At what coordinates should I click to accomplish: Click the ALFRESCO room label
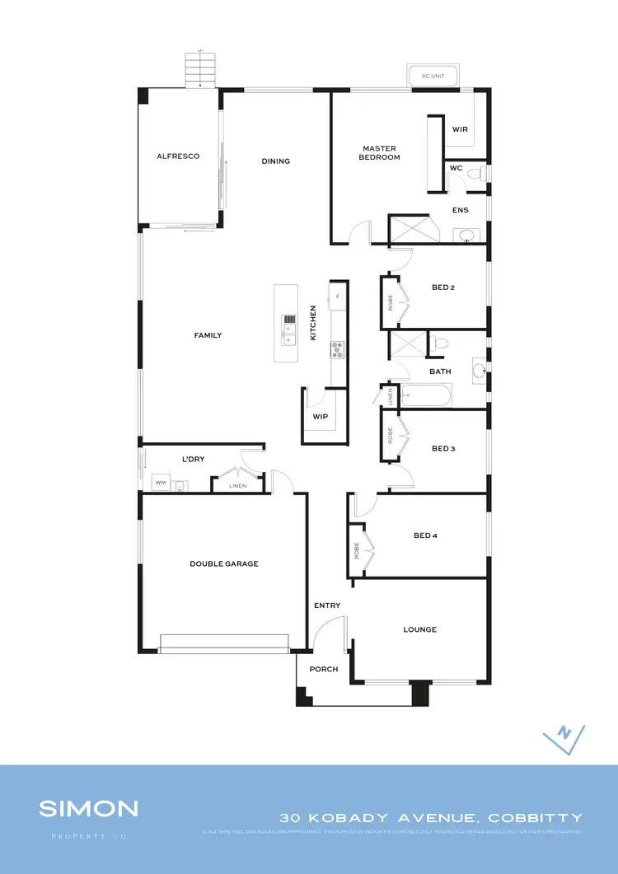click(178, 156)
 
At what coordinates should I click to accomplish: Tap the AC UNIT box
click(432, 76)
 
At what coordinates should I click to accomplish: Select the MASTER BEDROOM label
click(379, 152)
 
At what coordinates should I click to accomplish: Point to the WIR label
click(460, 129)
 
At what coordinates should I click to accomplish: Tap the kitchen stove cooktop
click(337, 350)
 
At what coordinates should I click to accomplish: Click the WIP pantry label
click(321, 417)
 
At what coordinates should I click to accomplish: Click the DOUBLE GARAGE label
click(224, 563)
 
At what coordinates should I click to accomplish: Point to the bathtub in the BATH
click(426, 397)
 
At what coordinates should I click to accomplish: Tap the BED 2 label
click(443, 287)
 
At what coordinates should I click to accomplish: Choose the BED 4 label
click(425, 536)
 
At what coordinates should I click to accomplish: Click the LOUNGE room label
click(420, 629)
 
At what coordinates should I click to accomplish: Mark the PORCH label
click(324, 669)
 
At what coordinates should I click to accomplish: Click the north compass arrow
click(564, 736)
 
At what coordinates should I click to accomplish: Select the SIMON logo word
click(89, 808)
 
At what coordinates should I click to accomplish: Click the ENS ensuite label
click(461, 210)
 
